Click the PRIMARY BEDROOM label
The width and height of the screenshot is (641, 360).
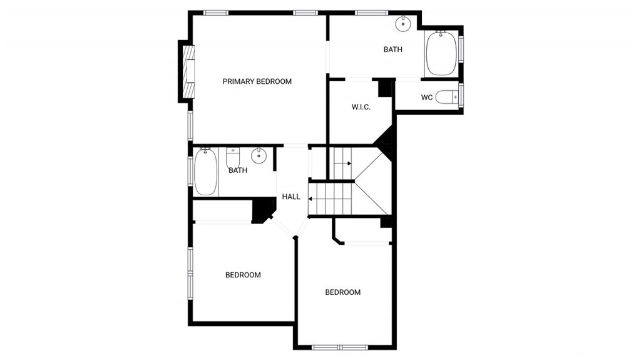pos(257,81)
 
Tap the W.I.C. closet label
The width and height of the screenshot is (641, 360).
pos(361,107)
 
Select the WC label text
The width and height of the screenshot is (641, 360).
pos(427,98)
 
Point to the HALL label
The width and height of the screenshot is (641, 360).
pos(291,197)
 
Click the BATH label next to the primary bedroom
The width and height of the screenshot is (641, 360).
pos(393,49)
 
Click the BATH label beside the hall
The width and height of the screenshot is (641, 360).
pos(238,170)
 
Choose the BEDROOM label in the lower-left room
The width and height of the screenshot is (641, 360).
pos(243,275)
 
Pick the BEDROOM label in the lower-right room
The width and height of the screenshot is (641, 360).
pos(342,292)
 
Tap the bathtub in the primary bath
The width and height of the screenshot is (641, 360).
pos(441,53)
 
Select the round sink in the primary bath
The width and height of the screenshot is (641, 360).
pos(403,23)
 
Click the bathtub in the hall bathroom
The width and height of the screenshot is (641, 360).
pos(205,172)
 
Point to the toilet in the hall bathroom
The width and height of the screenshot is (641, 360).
pos(233,158)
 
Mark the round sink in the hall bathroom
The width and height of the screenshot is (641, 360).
pos(259,155)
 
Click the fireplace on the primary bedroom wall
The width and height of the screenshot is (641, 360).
pos(188,71)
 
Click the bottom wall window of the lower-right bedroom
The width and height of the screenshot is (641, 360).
pos(340,347)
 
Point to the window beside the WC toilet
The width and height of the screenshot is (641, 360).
pos(461,95)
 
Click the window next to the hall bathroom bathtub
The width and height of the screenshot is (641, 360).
pos(190,171)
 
